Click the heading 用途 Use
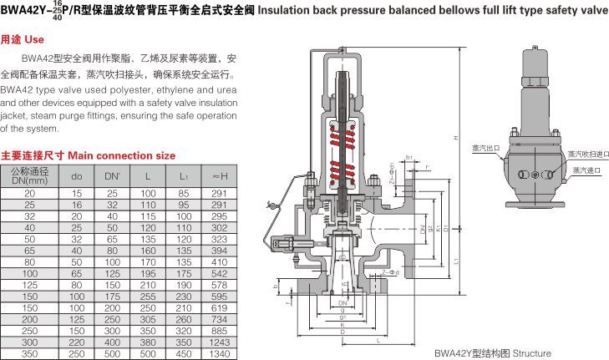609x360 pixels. [23, 39]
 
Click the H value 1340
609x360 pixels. [220, 353]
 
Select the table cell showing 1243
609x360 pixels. [220, 342]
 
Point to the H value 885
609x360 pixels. [220, 331]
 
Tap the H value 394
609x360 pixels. [220, 250]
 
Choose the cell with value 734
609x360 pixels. [220, 319]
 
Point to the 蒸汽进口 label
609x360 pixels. [586, 170]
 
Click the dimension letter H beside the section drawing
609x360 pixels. [456, 138]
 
